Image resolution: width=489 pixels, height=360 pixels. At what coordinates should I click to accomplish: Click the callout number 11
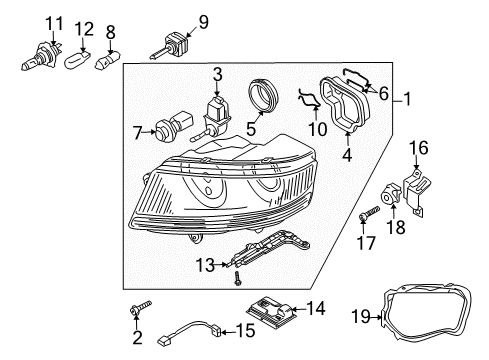(54, 24)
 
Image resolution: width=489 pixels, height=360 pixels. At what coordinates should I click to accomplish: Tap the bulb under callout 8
(107, 60)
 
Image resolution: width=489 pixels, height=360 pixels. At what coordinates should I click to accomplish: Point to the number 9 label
(203, 22)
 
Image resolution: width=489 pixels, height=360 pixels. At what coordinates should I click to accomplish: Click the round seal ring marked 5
(263, 95)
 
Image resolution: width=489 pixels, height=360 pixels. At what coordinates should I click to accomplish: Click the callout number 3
(217, 74)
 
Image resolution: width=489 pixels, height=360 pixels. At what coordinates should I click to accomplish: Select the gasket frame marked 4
(344, 104)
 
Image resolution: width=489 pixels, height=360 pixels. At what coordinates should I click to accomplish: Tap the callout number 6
(384, 93)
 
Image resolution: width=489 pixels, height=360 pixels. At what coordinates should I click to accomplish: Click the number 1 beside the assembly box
(406, 99)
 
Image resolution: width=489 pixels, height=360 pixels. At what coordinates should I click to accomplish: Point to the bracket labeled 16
(417, 192)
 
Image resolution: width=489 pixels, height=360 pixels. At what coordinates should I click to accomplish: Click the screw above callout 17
(369, 212)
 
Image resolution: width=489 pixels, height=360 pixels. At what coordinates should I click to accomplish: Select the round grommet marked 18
(390, 194)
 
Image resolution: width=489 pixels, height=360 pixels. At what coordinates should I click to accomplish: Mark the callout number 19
(361, 316)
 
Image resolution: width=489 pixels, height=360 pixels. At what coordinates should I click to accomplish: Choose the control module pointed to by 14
(271, 311)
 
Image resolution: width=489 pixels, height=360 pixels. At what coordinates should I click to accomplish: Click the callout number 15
(245, 331)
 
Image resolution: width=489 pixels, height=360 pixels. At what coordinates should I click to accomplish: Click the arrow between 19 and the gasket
(377, 317)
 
